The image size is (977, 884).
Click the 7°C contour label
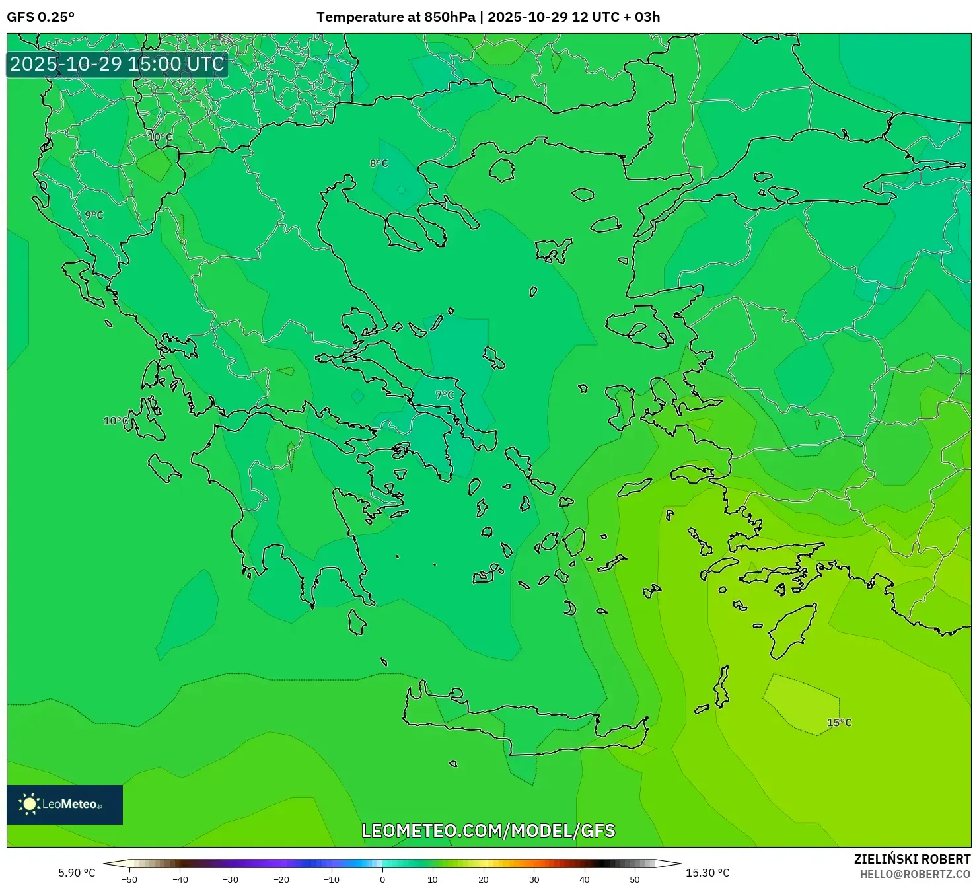tap(445, 395)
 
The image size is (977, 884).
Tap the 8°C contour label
tap(379, 163)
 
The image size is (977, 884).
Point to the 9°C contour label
tap(94, 215)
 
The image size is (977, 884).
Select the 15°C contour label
tap(839, 723)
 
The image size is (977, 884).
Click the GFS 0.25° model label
tap(40, 17)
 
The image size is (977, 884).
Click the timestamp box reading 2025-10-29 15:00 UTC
tap(117, 64)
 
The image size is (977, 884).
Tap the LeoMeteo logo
tap(65, 804)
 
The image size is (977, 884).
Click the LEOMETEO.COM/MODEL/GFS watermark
tap(488, 830)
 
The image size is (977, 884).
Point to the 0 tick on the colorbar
tap(382, 879)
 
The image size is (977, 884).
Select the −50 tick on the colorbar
tap(129, 879)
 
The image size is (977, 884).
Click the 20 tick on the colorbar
tap(484, 879)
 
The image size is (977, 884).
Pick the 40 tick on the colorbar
tap(585, 879)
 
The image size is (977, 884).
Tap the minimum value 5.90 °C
tap(77, 873)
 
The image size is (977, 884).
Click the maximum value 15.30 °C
tap(707, 873)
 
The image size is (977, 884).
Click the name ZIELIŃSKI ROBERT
tap(912, 859)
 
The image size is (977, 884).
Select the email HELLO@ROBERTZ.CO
tap(915, 874)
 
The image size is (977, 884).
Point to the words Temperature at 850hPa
tap(396, 17)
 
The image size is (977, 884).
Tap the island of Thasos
tap(501, 170)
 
